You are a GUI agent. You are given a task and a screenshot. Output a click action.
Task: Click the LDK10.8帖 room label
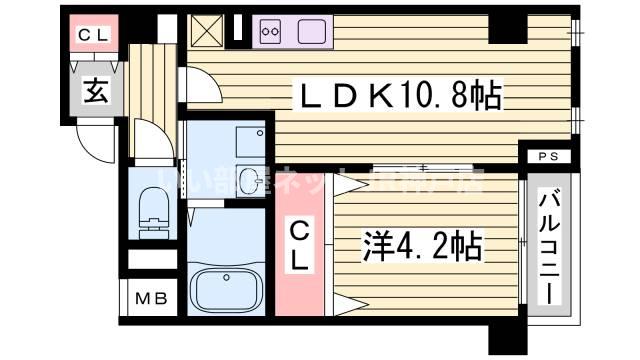click(x=394, y=98)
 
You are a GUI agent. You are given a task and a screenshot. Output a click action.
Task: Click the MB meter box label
click(x=153, y=298)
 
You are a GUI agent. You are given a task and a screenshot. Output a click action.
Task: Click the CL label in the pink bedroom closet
click(x=301, y=245)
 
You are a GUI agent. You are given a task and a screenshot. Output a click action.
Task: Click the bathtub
click(x=225, y=289)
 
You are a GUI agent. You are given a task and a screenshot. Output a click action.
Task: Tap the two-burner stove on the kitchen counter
click(x=270, y=32)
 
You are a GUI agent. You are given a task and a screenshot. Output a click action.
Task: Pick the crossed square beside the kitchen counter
click(x=208, y=31)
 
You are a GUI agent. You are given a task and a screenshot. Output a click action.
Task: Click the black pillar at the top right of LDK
click(x=508, y=28)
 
